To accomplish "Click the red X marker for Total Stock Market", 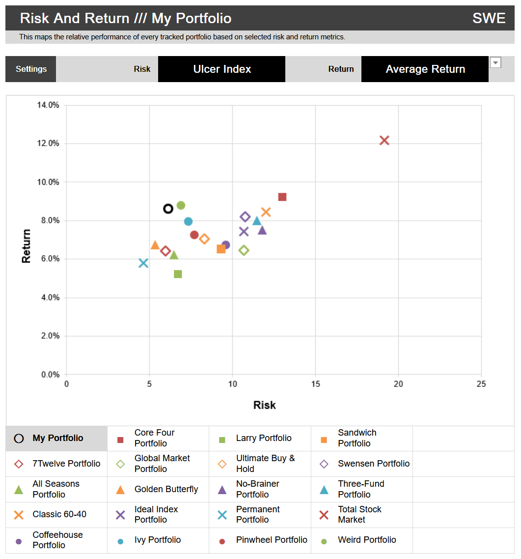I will [384, 141].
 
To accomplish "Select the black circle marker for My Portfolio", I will [168, 208].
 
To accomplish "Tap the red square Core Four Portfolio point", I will [282, 197].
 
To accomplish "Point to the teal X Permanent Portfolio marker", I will [143, 263].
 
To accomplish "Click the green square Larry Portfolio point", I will [178, 274].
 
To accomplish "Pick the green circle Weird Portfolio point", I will [181, 206].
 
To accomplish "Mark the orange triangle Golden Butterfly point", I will [155, 245].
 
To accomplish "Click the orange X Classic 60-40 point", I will [266, 212].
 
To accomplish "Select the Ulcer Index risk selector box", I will [221, 69].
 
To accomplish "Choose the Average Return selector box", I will [425, 69].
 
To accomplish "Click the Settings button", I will [31, 69].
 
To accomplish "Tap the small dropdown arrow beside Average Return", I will [495, 62].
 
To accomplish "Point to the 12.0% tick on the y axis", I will [48, 144].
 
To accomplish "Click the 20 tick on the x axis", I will [398, 384].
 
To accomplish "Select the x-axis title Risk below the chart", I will [264, 405].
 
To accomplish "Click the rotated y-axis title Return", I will [26, 246].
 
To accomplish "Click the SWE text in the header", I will [489, 19].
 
